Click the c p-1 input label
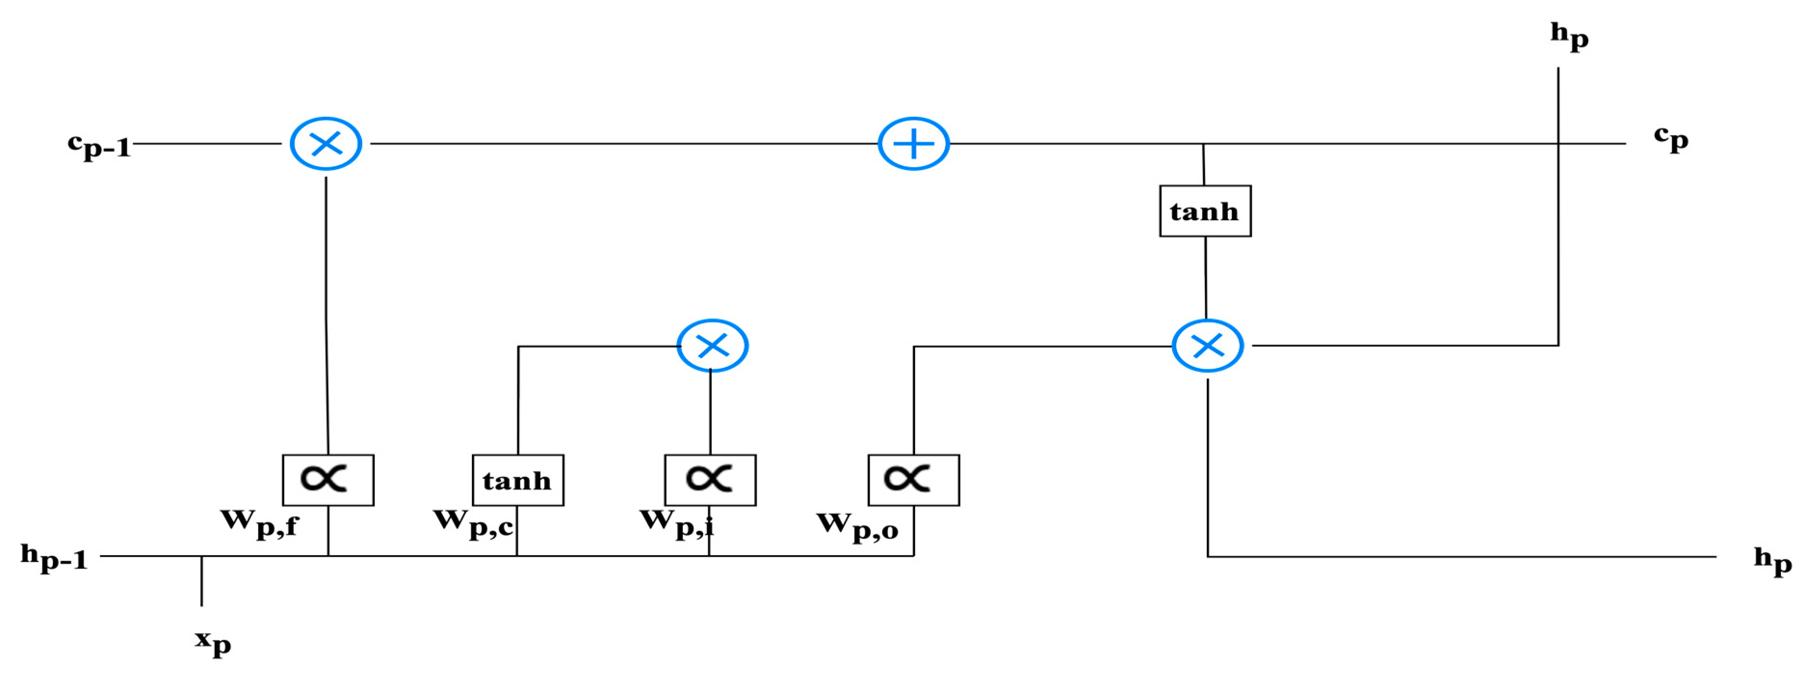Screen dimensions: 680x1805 click(100, 145)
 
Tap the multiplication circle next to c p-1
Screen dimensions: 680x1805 click(326, 144)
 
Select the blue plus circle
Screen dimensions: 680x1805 click(913, 144)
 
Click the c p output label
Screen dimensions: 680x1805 click(1671, 139)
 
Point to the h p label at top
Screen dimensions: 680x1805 click(1568, 35)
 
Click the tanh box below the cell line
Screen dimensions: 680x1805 click(1204, 211)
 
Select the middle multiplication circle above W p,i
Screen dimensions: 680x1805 click(712, 346)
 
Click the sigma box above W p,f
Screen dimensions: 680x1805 click(328, 480)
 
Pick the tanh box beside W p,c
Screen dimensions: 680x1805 click(517, 480)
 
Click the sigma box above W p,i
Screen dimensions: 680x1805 click(710, 480)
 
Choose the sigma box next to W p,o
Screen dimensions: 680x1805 click(913, 480)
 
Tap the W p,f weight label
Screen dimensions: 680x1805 click(259, 523)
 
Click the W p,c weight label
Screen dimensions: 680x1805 click(472, 523)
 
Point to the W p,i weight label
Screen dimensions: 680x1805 click(676, 523)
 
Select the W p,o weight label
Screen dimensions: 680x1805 click(856, 526)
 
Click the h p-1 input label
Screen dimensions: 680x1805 click(54, 558)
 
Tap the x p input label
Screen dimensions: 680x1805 click(212, 641)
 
